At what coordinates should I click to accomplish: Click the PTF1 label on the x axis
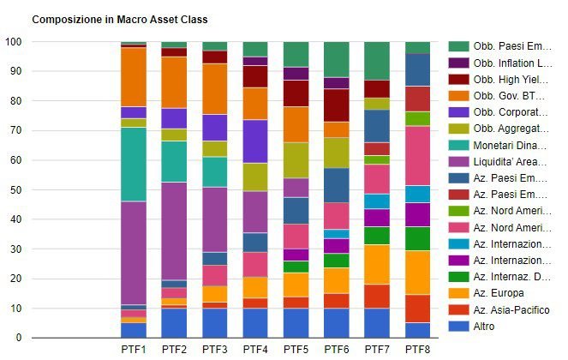click(x=133, y=350)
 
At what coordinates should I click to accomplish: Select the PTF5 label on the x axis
click(x=296, y=350)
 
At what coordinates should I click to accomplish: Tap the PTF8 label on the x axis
click(x=417, y=350)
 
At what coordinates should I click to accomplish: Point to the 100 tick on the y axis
click(x=14, y=42)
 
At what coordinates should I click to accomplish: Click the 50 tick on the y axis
click(x=16, y=189)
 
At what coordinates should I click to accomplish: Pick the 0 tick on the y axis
click(x=19, y=338)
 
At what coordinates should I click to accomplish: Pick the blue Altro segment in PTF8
click(x=417, y=330)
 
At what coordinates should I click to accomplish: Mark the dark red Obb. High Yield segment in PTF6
click(x=337, y=105)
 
